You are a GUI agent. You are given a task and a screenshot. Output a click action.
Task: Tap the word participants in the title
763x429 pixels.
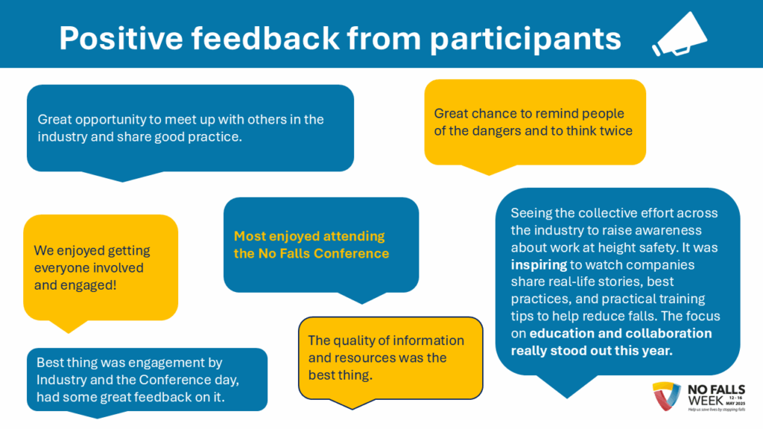point(525,39)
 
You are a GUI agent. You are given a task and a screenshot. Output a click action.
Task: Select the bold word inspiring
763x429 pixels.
point(539,264)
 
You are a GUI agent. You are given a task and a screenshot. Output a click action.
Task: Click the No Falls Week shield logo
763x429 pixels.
point(666,396)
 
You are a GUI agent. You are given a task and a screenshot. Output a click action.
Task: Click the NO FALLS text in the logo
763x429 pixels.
point(716,390)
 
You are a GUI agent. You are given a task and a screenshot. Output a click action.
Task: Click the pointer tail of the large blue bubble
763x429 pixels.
point(567,387)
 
